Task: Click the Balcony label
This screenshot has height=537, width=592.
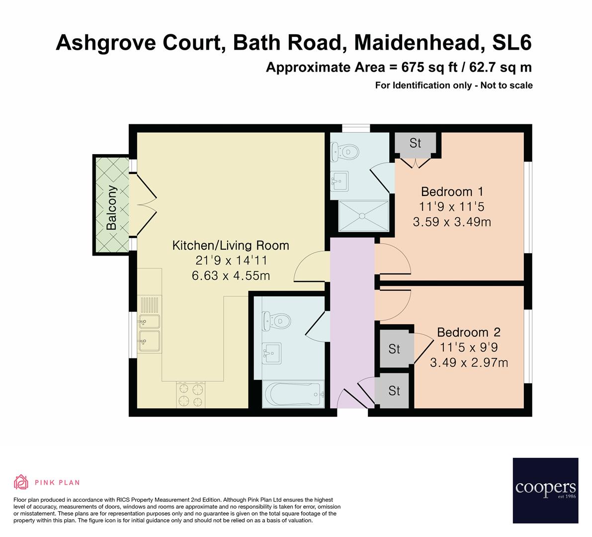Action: [112, 207]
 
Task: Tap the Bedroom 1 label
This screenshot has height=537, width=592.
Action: [452, 191]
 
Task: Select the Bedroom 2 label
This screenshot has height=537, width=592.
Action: [468, 332]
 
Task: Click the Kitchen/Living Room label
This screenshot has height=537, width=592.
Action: [230, 245]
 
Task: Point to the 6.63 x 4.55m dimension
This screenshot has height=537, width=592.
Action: [231, 275]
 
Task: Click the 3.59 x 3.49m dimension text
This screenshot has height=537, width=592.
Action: [452, 222]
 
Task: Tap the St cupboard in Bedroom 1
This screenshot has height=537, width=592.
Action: [415, 143]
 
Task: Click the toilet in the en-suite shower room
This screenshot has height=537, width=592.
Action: [344, 151]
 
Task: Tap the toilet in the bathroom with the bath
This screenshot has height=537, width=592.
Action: [276, 322]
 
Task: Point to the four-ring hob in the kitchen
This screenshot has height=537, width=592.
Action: [191, 395]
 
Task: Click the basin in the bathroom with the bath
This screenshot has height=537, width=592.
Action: [271, 355]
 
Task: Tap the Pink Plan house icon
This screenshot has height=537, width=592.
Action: [21, 482]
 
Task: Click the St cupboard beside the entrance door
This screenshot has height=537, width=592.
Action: [394, 391]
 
